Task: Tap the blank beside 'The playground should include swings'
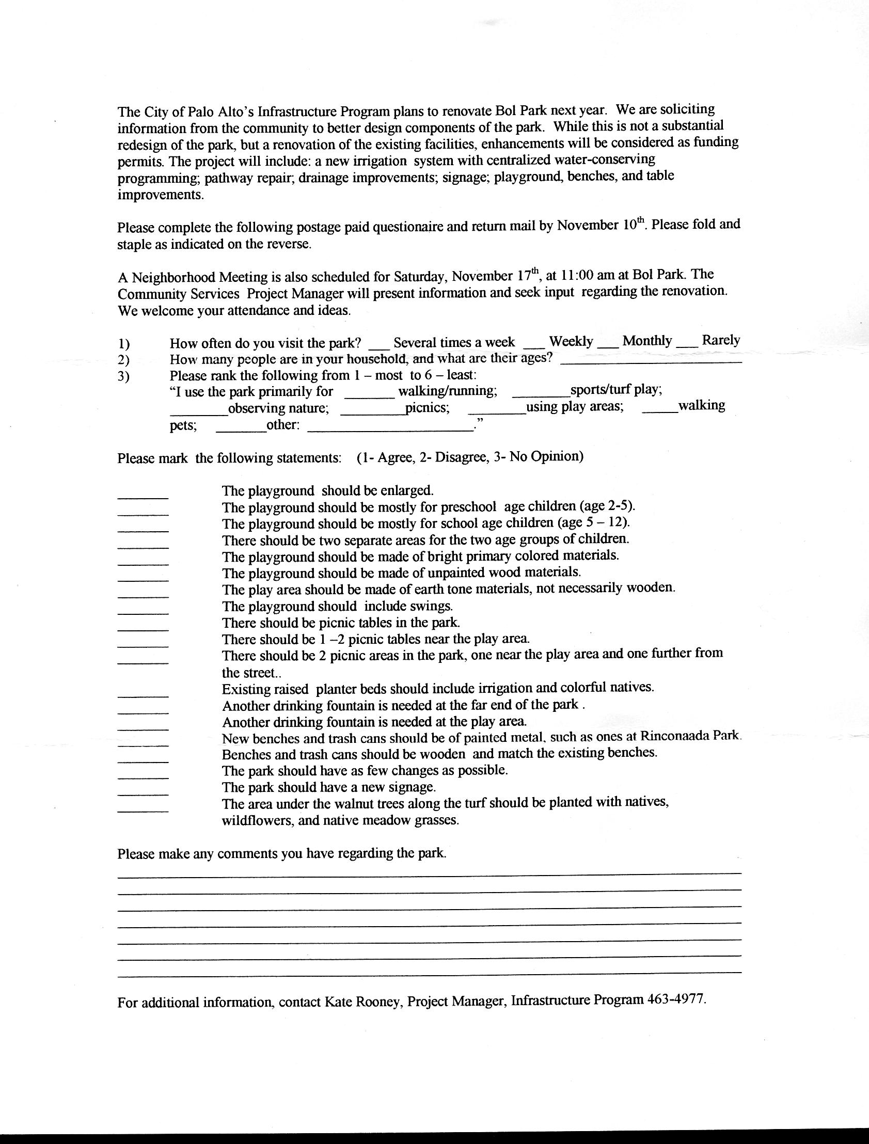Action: click(143, 612)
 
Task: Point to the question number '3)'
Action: click(123, 376)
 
